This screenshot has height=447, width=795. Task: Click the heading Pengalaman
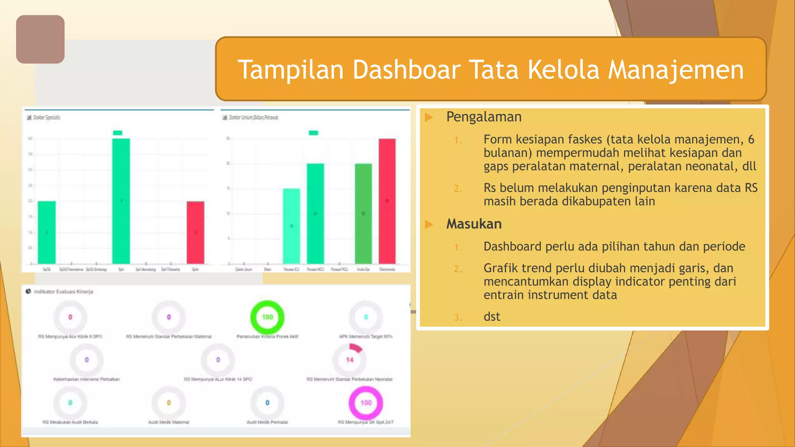coord(484,117)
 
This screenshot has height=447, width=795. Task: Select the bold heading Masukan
coord(474,224)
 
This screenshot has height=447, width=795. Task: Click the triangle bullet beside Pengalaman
coord(429,117)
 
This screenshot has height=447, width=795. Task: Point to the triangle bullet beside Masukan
coord(429,224)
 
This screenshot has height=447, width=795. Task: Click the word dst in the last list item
coord(492,317)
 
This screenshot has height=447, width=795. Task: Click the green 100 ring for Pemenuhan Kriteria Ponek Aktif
coord(267,317)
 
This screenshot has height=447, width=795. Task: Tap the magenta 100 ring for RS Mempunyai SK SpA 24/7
coord(366,403)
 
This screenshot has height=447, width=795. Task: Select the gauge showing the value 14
coord(349,360)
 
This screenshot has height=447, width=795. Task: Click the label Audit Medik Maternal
coord(168,422)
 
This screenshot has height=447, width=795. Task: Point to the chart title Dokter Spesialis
coord(47,118)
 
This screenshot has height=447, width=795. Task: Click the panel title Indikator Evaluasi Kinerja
coord(63,292)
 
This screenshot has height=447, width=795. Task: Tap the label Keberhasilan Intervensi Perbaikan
coord(87,379)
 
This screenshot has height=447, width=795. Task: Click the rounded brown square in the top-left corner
coord(40,39)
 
